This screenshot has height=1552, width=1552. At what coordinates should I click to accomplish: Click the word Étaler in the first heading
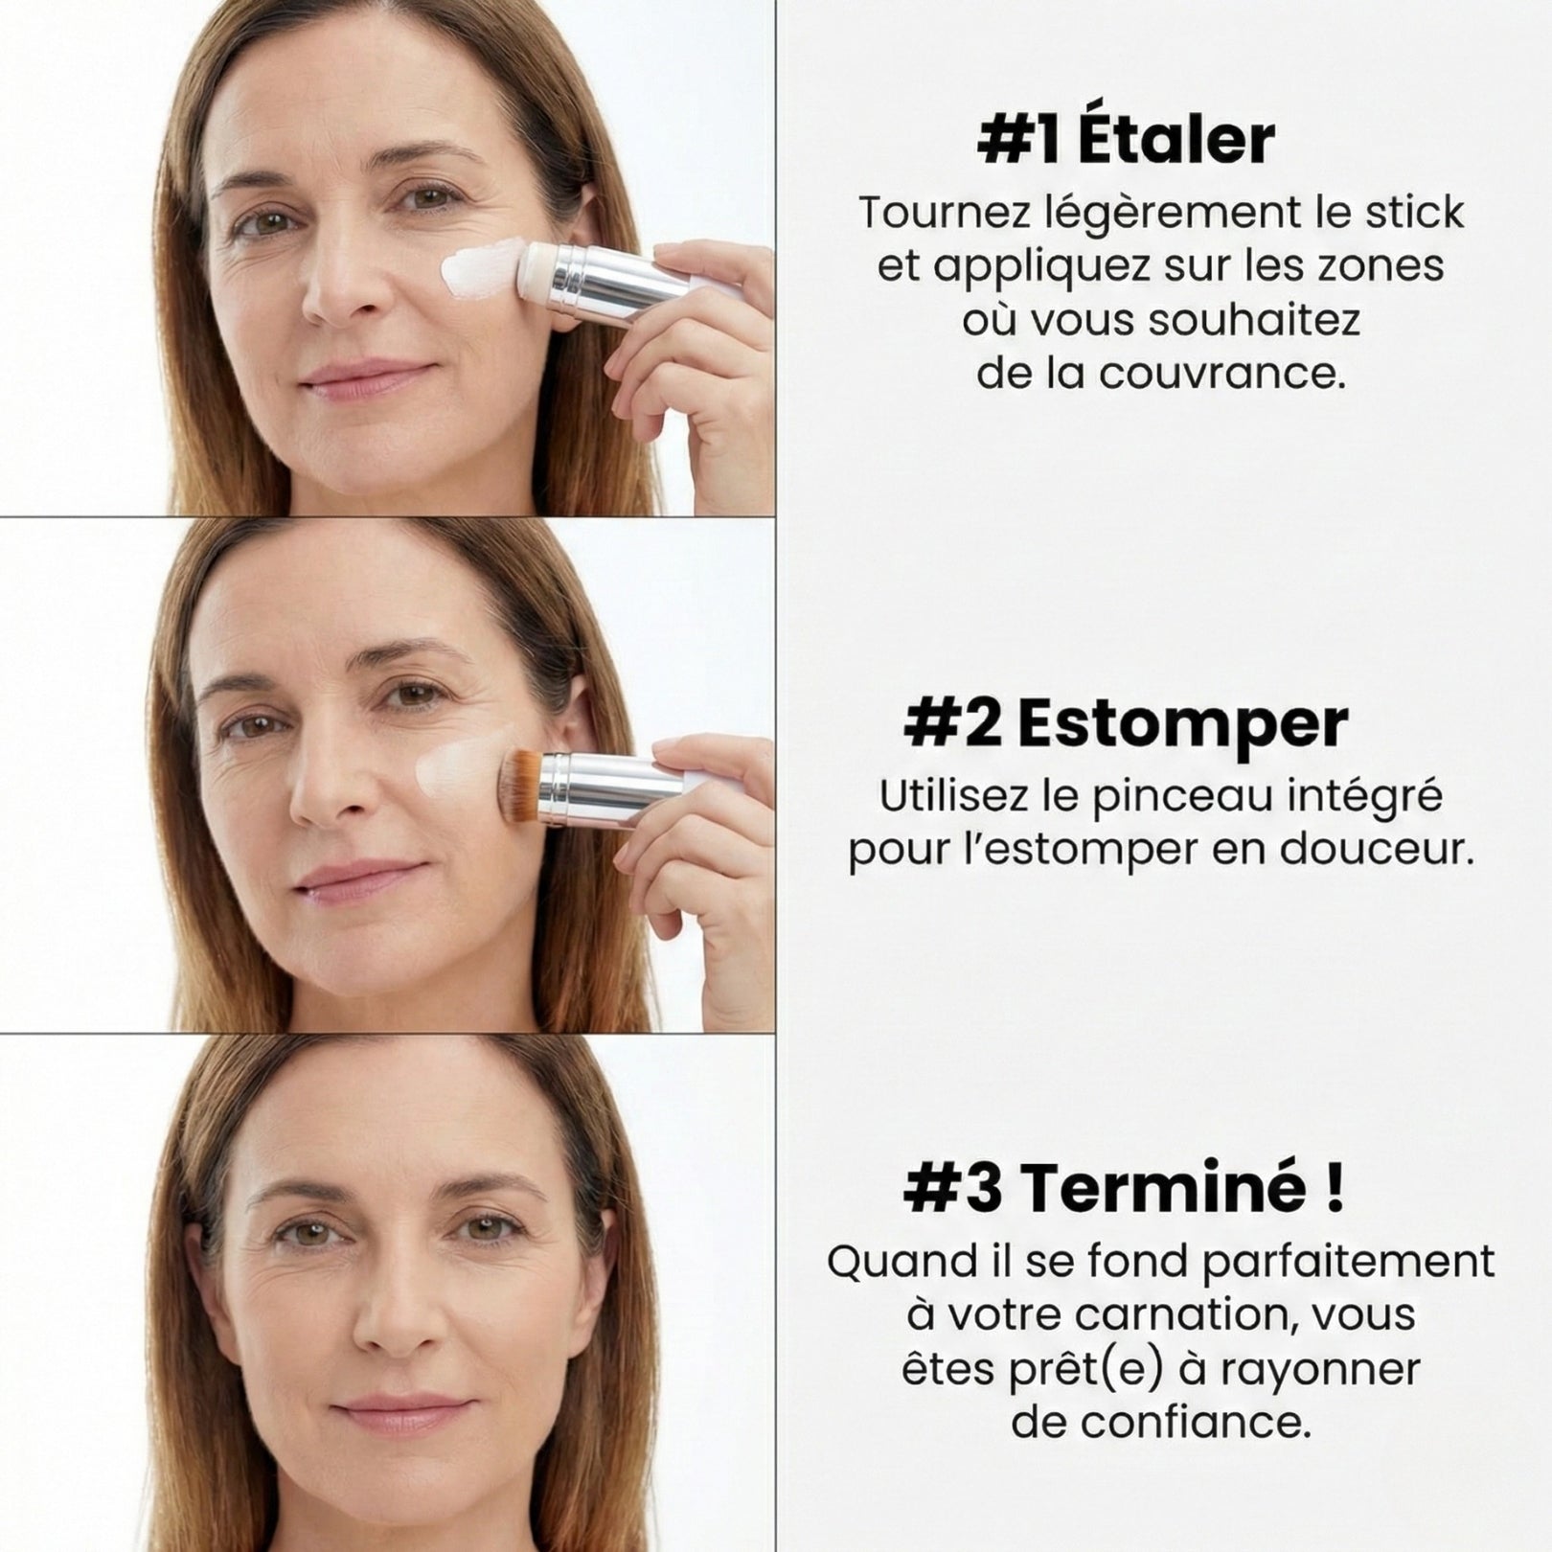1176,141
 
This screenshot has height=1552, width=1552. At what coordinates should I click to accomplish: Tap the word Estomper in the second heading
1183,725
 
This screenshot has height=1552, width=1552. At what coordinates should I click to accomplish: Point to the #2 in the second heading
953,725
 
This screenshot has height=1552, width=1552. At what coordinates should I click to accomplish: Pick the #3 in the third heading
953,1189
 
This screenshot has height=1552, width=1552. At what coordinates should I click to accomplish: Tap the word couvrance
1222,374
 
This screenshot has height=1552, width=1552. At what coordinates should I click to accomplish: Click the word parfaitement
1348,1262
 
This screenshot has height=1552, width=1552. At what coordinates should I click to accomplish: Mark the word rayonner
1321,1370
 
